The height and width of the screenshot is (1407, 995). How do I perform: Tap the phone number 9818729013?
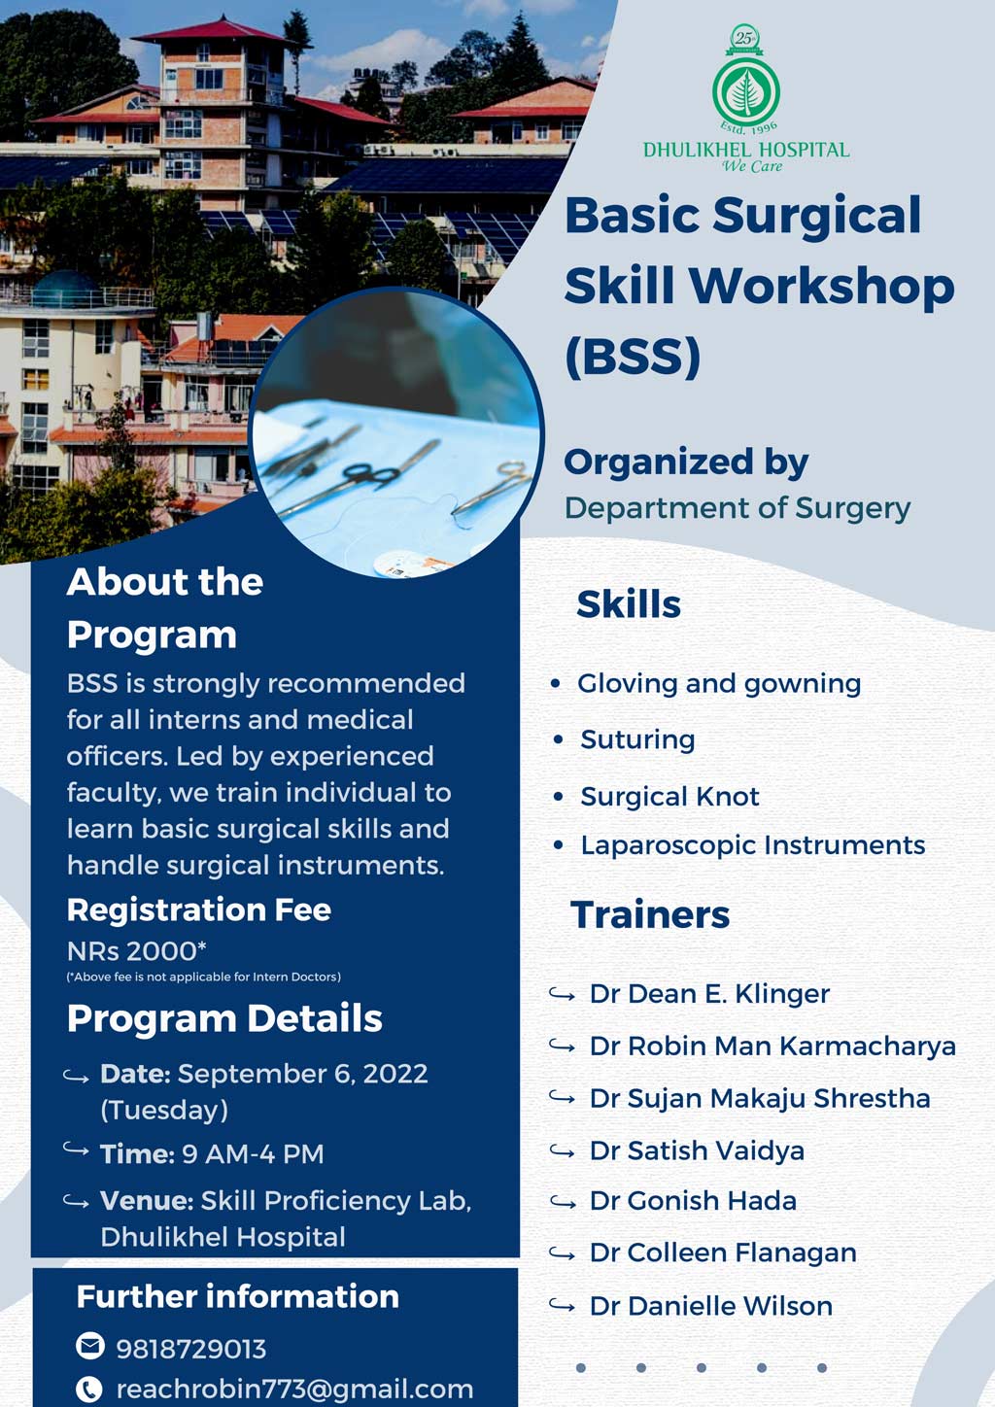[190, 1349]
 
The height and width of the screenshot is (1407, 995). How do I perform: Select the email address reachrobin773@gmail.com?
[294, 1390]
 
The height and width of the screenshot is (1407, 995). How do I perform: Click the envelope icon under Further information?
[89, 1346]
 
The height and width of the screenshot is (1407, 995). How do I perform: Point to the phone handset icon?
[89, 1390]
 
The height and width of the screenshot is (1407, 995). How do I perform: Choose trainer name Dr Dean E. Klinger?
[709, 994]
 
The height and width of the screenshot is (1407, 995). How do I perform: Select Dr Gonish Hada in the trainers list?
[693, 1201]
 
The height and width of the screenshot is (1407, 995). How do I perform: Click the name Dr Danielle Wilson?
[710, 1306]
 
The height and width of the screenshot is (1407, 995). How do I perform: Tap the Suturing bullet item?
[637, 740]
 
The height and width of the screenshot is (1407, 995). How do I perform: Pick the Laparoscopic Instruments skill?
[752, 845]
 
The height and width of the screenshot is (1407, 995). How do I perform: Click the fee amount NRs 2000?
[135, 950]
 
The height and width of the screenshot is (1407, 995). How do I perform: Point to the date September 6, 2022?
[302, 1074]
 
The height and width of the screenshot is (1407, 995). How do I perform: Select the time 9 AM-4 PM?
[253, 1154]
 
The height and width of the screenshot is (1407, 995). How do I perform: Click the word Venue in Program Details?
[145, 1201]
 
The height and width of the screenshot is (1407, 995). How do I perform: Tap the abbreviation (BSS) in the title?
[633, 357]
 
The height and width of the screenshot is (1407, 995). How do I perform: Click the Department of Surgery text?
[738, 508]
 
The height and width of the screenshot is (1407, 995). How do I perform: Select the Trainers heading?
[650, 915]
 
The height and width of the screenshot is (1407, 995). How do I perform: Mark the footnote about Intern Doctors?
[203, 977]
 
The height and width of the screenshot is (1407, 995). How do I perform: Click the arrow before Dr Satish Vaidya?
[562, 1151]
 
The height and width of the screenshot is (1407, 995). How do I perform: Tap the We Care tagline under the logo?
[751, 166]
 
